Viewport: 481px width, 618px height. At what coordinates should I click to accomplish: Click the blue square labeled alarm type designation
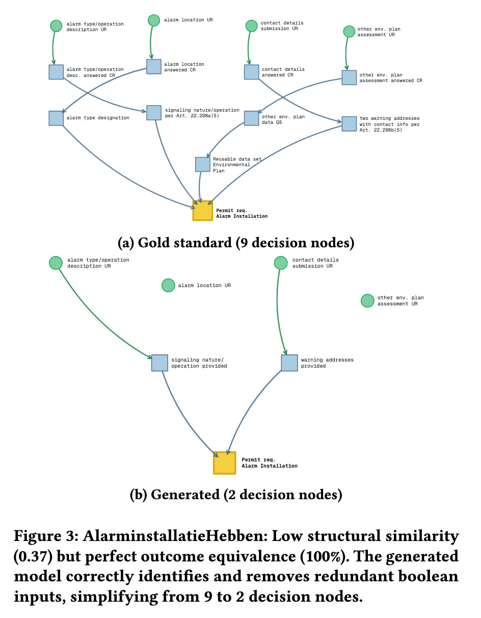point(56,118)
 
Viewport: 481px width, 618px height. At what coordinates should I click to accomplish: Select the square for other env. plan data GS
point(252,118)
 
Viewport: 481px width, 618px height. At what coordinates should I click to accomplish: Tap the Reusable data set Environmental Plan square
point(203,164)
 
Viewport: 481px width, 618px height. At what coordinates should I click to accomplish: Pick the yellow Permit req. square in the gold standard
point(202,211)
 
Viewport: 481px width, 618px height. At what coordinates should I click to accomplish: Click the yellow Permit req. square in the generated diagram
point(225,462)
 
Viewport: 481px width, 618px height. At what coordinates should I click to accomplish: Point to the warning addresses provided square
point(289,363)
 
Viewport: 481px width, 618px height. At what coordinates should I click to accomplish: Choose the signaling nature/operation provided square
point(159,363)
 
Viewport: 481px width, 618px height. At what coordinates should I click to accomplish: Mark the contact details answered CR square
point(252,72)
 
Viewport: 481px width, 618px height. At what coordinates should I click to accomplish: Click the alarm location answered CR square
point(154,66)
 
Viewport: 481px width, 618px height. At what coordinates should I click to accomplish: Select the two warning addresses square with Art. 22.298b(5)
point(349,124)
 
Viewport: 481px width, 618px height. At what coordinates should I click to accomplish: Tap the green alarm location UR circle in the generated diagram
point(168,286)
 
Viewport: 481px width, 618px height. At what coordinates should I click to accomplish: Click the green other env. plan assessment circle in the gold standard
point(349,32)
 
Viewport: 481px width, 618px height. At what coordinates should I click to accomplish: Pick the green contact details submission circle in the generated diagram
point(281,263)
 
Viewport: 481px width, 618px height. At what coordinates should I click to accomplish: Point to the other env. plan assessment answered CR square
point(349,78)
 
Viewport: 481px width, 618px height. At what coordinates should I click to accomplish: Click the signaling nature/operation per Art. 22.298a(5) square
point(154,113)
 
